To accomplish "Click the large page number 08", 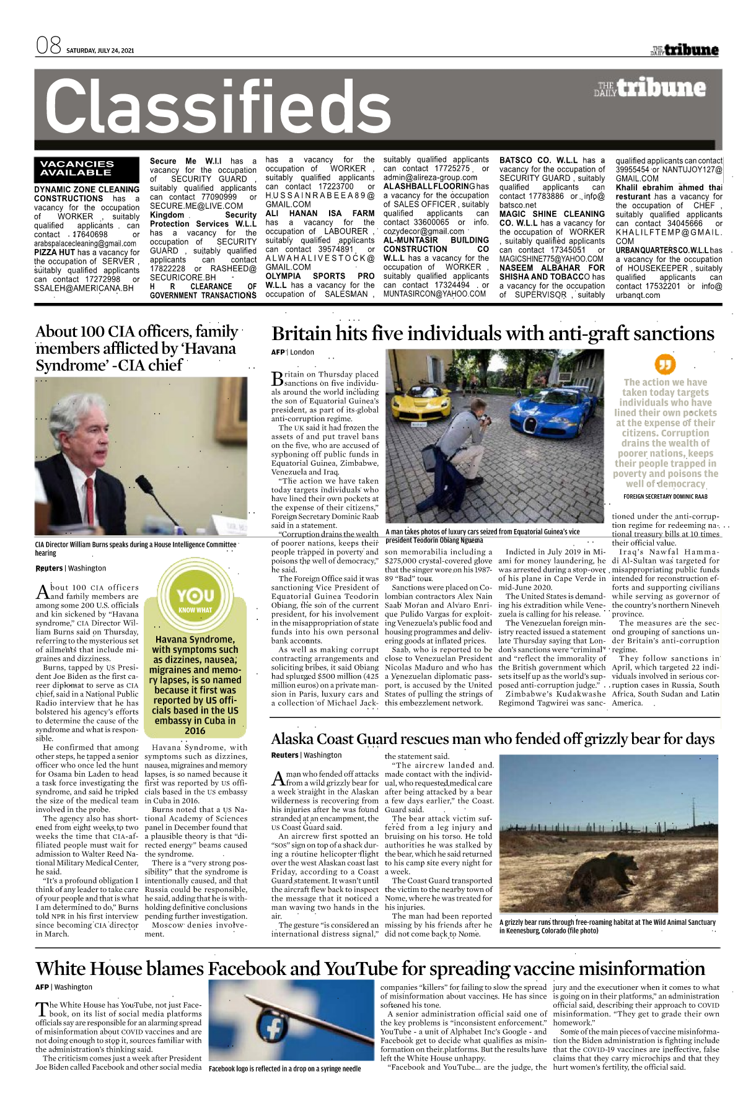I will [48, 46].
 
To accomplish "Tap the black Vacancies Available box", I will [77, 168].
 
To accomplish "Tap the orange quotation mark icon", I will [666, 364].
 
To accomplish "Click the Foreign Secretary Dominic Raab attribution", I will [665, 496].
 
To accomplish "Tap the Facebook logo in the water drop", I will [273, 1028].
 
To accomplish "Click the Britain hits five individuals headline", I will [493, 334].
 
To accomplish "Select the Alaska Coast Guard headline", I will [493, 739].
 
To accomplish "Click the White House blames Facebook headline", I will [370, 968].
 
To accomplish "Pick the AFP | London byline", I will [292, 352].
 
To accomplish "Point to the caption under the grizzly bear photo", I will [607, 926].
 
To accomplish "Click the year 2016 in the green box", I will [195, 730].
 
